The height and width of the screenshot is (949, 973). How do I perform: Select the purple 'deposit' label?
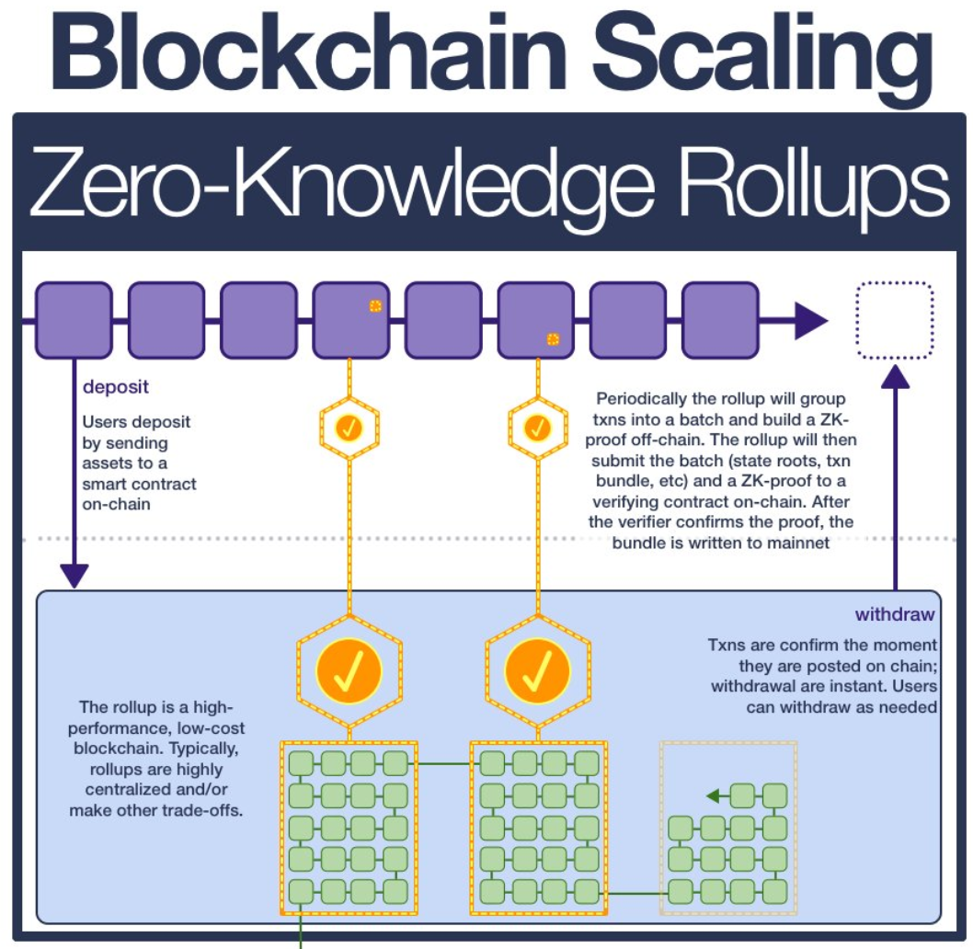click(x=117, y=386)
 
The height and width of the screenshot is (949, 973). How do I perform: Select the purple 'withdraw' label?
click(x=895, y=614)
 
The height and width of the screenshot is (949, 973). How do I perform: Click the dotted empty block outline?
click(x=894, y=320)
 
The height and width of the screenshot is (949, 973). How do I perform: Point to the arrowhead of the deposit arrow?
click(x=74, y=577)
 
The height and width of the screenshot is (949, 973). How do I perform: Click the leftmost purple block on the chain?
click(x=74, y=320)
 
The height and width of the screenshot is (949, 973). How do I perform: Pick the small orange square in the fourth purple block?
click(x=375, y=306)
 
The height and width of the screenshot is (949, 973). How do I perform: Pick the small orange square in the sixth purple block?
click(x=553, y=339)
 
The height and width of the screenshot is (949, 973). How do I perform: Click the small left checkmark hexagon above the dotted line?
click(x=349, y=428)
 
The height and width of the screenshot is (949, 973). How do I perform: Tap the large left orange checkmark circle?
click(x=349, y=670)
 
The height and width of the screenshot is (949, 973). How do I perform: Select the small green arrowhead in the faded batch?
click(x=713, y=796)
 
